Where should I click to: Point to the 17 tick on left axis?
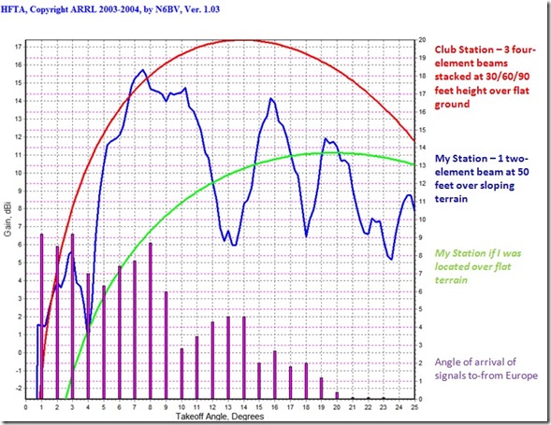pyautogui.click(x=19, y=45)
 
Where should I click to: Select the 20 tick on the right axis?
pyautogui.click(x=422, y=40)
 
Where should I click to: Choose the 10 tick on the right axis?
pyautogui.click(x=422, y=220)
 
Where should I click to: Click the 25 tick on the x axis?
pyautogui.click(x=414, y=406)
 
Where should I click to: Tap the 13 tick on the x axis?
pyautogui.click(x=227, y=406)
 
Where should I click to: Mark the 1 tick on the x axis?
pyautogui.click(x=41, y=406)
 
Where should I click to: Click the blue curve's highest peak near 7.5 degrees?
pyautogui.click(x=142, y=70)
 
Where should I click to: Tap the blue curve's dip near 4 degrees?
pyautogui.click(x=88, y=329)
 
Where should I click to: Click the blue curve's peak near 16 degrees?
pyautogui.click(x=271, y=98)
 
